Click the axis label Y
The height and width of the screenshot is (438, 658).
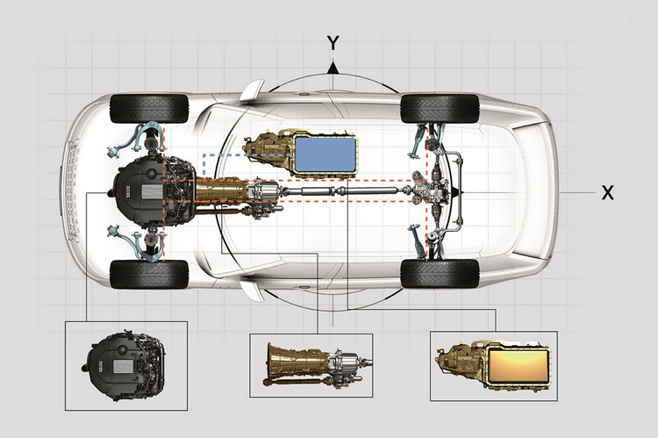coord(333,43)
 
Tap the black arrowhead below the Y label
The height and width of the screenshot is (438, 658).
coord(333,67)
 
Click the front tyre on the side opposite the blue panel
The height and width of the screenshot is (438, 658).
coord(150,274)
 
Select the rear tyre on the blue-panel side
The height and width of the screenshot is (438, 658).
coord(440,108)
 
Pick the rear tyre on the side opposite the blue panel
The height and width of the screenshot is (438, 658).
coord(440,274)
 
